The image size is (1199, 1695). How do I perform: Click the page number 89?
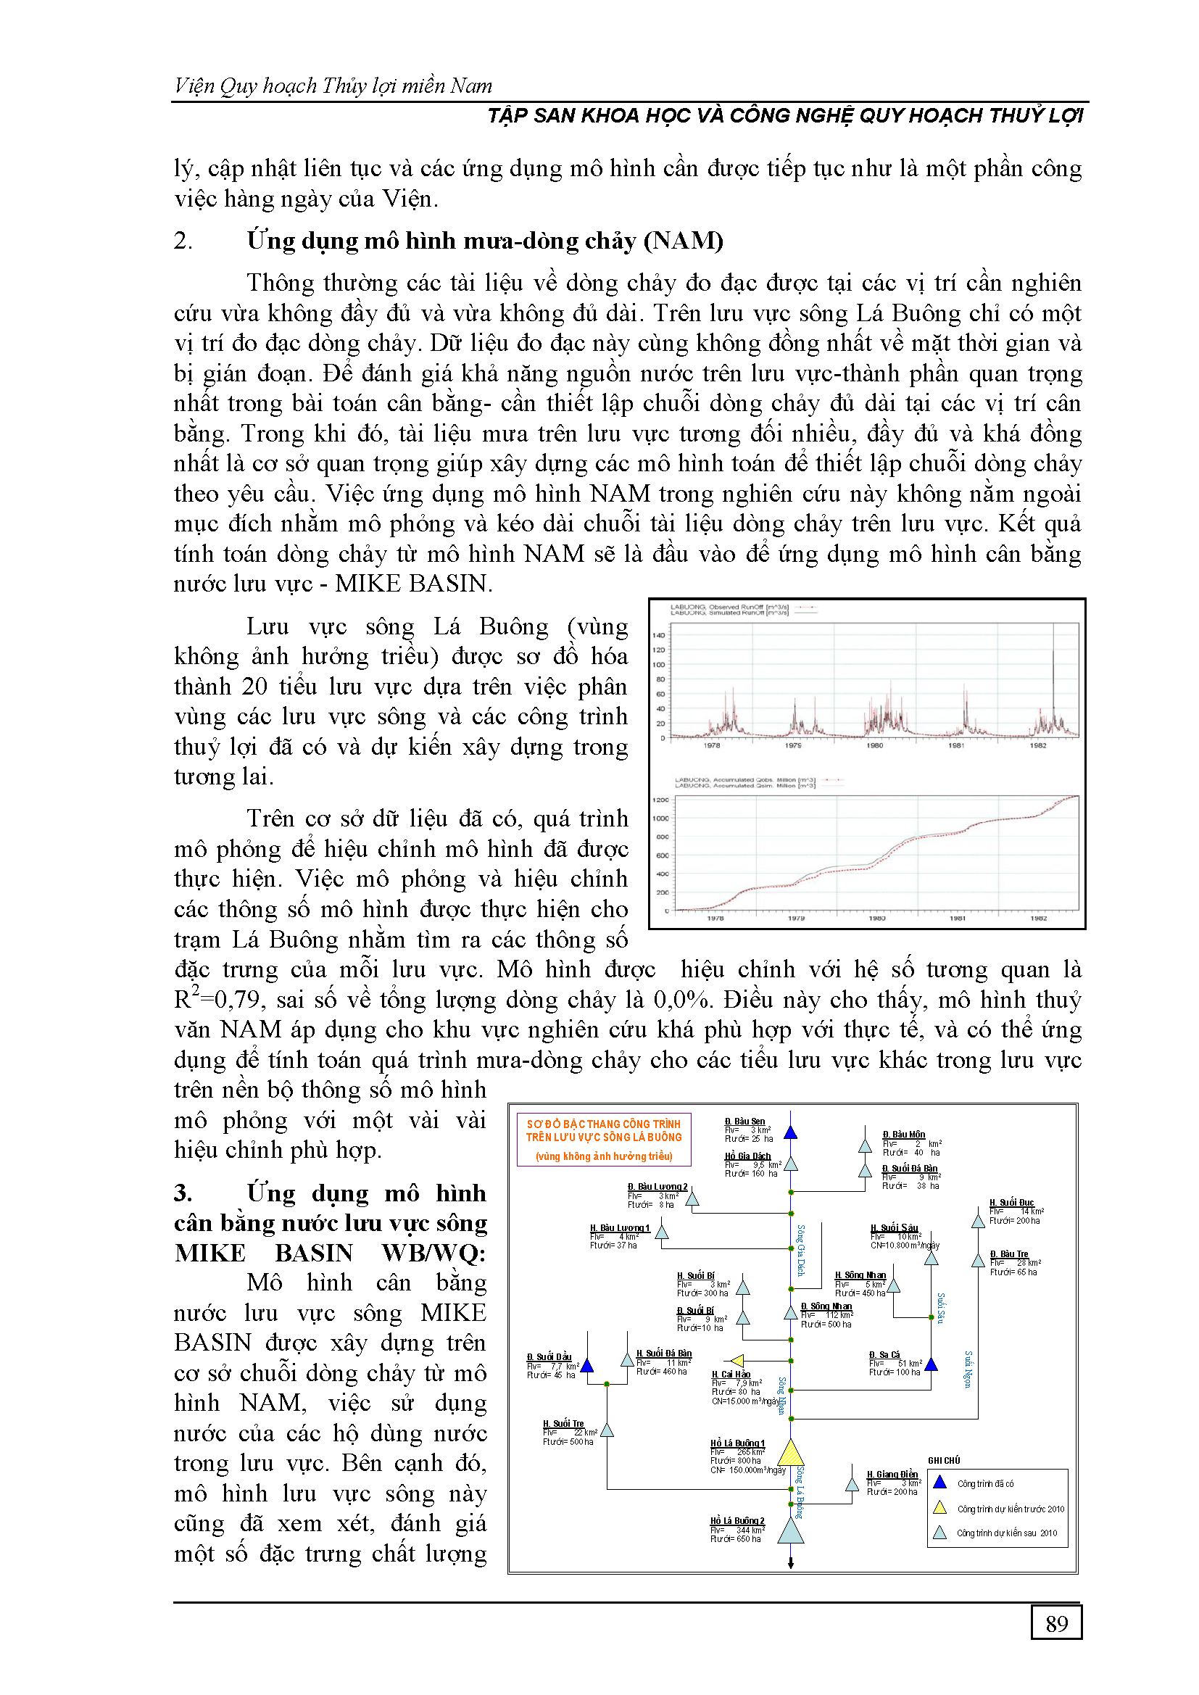[x=1055, y=1623]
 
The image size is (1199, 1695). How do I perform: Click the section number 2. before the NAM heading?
[x=183, y=241]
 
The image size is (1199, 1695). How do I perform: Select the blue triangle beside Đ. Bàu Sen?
[x=791, y=1132]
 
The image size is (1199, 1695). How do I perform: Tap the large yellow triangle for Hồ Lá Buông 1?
[x=791, y=1453]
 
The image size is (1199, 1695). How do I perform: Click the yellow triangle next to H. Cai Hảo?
[x=737, y=1361]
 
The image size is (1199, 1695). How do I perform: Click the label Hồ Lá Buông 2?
[x=737, y=1521]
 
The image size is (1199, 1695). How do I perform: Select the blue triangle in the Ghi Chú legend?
[x=940, y=1483]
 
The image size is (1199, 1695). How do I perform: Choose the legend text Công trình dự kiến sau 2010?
[x=1007, y=1533]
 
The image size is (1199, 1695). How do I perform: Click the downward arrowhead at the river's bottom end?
[x=791, y=1564]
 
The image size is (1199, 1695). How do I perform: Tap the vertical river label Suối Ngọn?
[x=968, y=1369]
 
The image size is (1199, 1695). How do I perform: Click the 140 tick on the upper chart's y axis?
[x=658, y=635]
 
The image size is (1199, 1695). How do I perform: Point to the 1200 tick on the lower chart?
[x=660, y=800]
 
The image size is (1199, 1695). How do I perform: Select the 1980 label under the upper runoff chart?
[x=875, y=745]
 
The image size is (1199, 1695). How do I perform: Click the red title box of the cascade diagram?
[x=604, y=1139]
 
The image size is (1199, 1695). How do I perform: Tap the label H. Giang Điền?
[x=892, y=1475]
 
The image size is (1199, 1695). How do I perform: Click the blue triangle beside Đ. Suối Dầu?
[x=588, y=1366]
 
